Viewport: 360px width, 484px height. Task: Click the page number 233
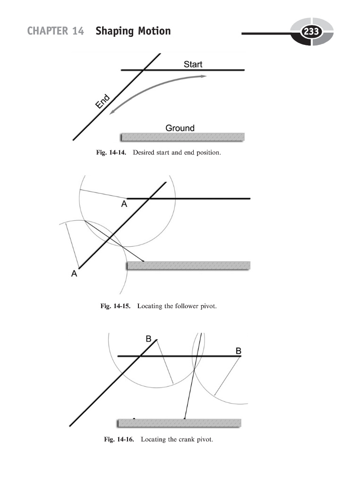(311, 32)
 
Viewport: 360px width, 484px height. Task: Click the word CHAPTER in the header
(45, 32)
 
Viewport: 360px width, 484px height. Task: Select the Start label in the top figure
(193, 64)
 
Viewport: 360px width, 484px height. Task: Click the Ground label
(180, 128)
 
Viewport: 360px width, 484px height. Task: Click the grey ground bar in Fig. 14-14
(182, 137)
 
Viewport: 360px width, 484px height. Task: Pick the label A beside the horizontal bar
(124, 204)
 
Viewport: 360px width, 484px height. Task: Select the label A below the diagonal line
(74, 273)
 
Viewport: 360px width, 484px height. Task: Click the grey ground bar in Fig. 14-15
(189, 266)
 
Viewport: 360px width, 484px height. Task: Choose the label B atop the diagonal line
(148, 339)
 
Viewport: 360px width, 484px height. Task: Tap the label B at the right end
(239, 351)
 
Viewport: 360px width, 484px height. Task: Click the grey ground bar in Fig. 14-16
(179, 423)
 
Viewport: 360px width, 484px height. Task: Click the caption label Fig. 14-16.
(119, 440)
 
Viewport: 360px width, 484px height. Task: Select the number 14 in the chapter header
(78, 32)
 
